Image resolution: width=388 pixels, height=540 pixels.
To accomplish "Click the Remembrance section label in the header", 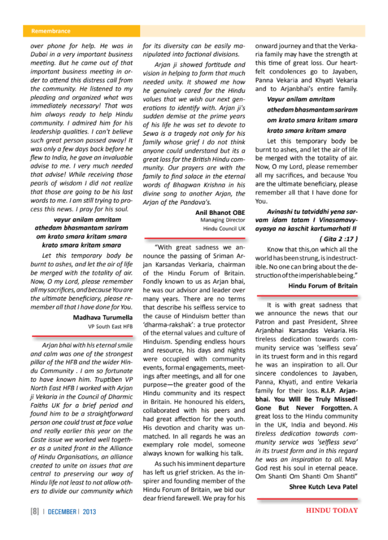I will tap(51, 31).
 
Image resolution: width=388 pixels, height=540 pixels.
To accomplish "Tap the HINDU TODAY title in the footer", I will tap(332, 510).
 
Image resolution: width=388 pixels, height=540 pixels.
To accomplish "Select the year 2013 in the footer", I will tap(88, 511).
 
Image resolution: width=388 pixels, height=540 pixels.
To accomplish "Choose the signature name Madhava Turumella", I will tap(103, 317).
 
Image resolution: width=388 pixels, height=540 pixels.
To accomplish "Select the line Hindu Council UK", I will tap(225, 229).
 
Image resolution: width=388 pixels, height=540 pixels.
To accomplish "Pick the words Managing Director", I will tap(223, 220).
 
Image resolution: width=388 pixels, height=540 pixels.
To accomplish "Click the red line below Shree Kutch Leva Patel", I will tap(307, 497).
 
